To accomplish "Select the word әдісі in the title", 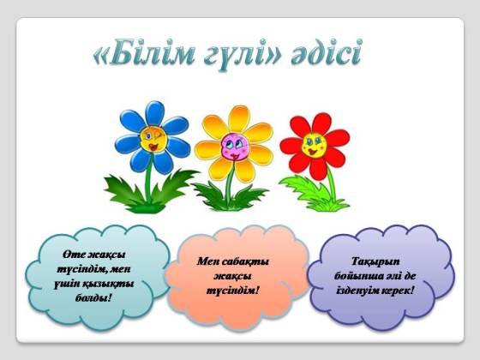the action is pos(327,52).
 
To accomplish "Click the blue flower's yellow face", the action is pos(153,139).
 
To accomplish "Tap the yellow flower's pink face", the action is pos(235,147).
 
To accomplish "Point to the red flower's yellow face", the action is pos(314,145).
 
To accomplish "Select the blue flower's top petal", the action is pos(155,113).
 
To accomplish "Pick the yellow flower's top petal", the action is pos(239,119).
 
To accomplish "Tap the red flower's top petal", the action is pos(321,123).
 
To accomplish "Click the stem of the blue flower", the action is pos(149,177).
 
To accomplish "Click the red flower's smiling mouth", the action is pos(312,151).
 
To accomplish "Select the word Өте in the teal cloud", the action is pos(73,255).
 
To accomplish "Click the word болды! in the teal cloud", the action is pos(93,297).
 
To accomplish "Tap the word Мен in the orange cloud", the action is pos(207,261).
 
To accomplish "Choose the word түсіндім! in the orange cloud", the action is pos(233,291).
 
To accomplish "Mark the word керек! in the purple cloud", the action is pos(397,290).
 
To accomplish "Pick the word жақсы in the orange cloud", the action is pos(232,276).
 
